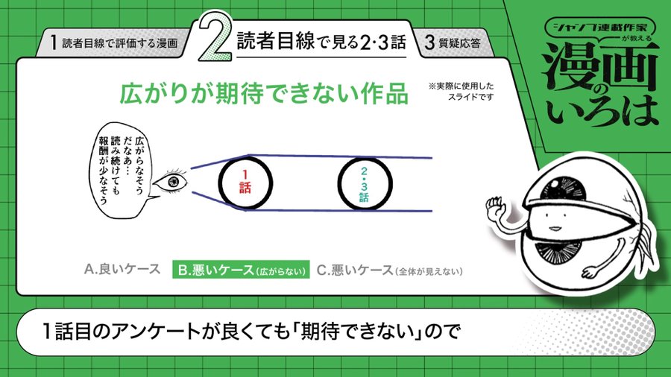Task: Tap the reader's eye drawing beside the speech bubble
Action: (170, 181)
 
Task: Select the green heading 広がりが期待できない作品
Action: (264, 94)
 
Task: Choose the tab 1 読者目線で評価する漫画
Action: (113, 42)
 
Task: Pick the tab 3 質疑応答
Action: (453, 42)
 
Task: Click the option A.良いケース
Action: (122, 269)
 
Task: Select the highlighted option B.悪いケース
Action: (241, 270)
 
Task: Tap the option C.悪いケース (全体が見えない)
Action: (389, 270)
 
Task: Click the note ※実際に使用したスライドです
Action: (461, 92)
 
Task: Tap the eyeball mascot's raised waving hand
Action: (496, 208)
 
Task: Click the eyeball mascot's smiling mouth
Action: (554, 227)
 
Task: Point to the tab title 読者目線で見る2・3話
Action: (321, 42)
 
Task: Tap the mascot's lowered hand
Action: (593, 271)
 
